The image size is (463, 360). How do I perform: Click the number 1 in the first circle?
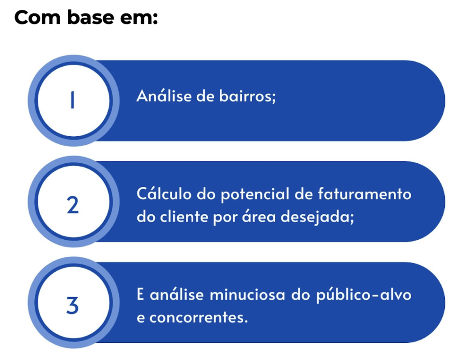72,101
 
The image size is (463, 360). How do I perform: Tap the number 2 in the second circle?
72,206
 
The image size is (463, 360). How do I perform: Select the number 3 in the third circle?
72,306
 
